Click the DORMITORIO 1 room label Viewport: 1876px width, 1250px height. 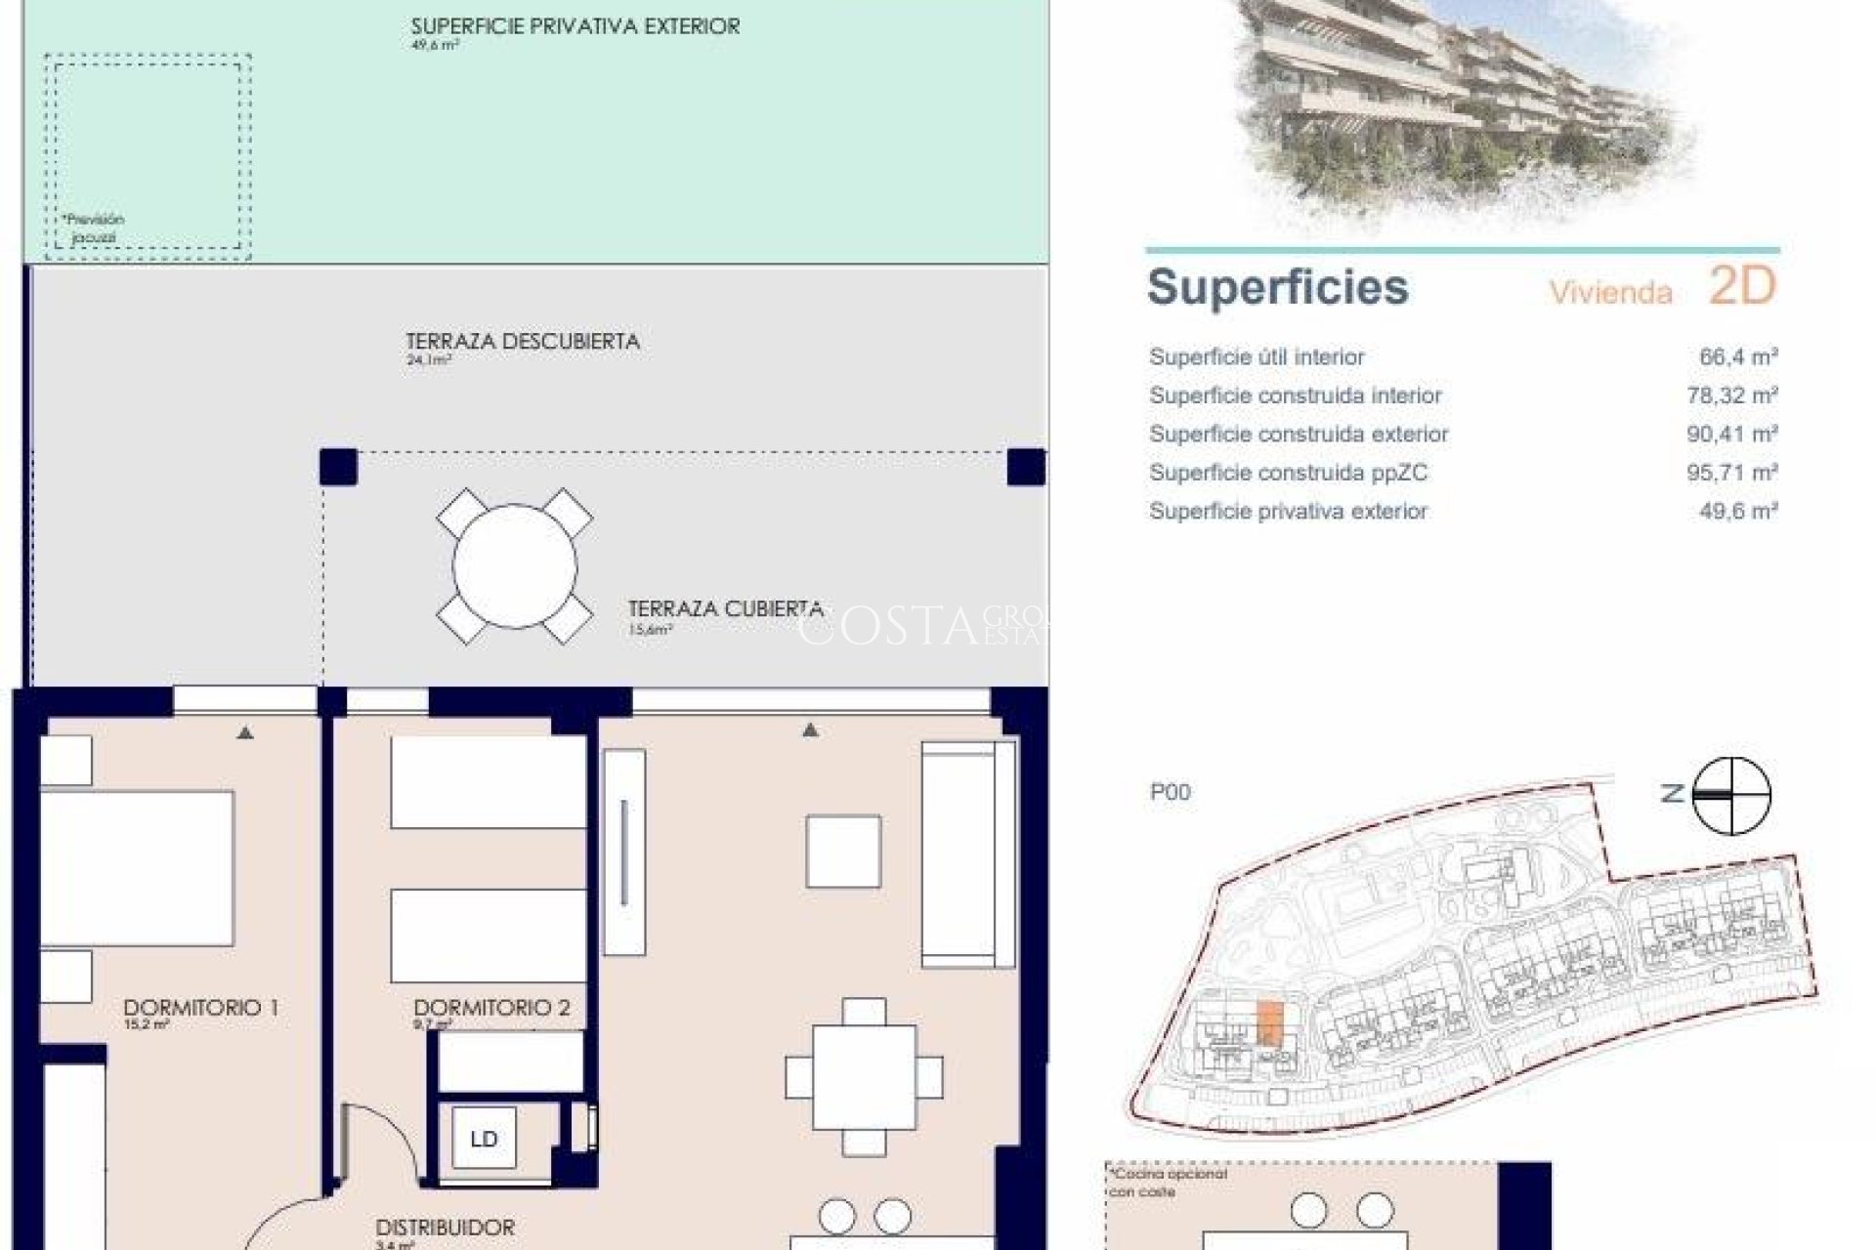pyautogui.click(x=200, y=1007)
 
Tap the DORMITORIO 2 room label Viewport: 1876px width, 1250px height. pyautogui.click(x=491, y=1007)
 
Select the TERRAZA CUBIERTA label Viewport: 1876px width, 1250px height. pyautogui.click(x=725, y=609)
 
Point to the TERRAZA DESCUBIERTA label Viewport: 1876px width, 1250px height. pyautogui.click(x=523, y=342)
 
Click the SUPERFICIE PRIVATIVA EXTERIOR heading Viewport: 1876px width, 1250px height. pyautogui.click(x=575, y=26)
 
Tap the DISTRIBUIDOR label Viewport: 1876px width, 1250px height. pyautogui.click(x=445, y=1228)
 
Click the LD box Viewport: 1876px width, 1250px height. pyautogui.click(x=484, y=1139)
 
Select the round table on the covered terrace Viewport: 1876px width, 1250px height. pyautogui.click(x=515, y=565)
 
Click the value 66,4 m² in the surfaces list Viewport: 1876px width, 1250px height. pyautogui.click(x=1737, y=357)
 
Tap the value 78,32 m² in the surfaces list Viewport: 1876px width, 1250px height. pyautogui.click(x=1731, y=396)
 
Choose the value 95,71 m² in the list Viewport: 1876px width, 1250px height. pyautogui.click(x=1731, y=473)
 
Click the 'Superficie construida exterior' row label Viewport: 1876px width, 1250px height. pyautogui.click(x=1299, y=434)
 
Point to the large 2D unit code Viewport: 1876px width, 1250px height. pyautogui.click(x=1741, y=286)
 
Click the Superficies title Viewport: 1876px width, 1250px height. pyautogui.click(x=1278, y=287)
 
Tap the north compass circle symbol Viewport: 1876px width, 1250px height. pyautogui.click(x=1730, y=795)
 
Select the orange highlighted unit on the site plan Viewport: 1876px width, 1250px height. pyautogui.click(x=1267, y=1021)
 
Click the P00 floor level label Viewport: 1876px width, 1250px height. pyautogui.click(x=1171, y=792)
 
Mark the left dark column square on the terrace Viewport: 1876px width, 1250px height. pyautogui.click(x=339, y=467)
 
